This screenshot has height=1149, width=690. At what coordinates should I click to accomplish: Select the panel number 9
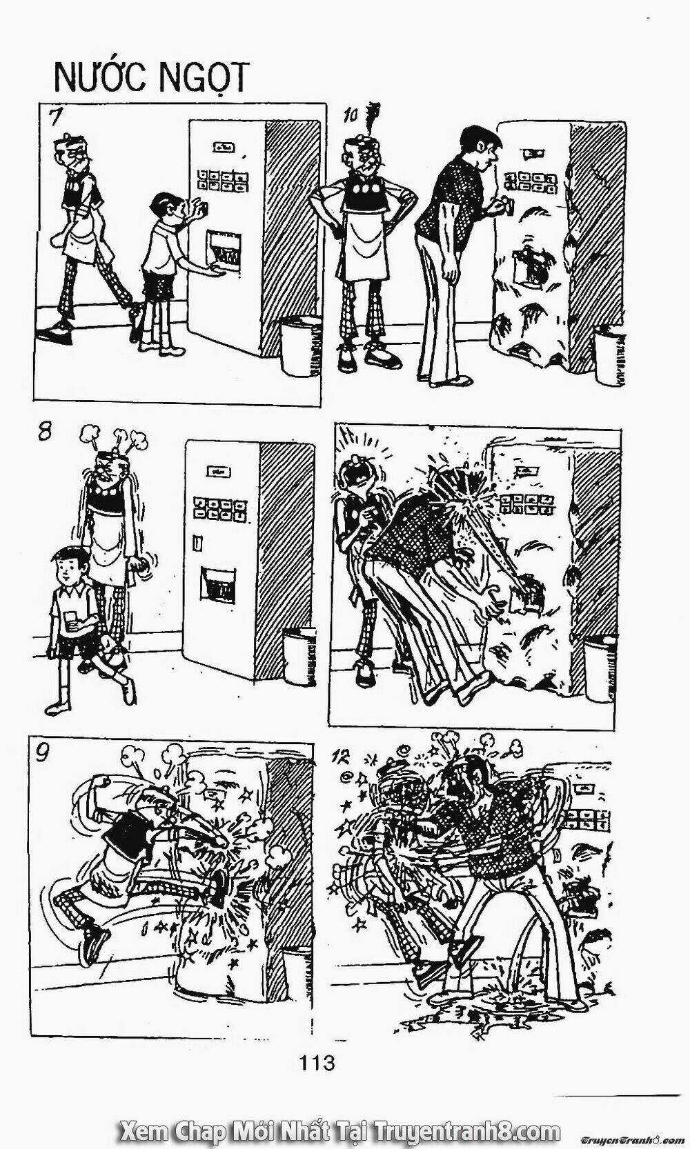pyautogui.click(x=42, y=753)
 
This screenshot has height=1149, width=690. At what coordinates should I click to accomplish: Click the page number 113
pyautogui.click(x=317, y=1062)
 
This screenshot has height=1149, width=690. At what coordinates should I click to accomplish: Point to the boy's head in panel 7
pyautogui.click(x=165, y=206)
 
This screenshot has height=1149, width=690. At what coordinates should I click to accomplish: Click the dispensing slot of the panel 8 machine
pyautogui.click(x=217, y=586)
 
